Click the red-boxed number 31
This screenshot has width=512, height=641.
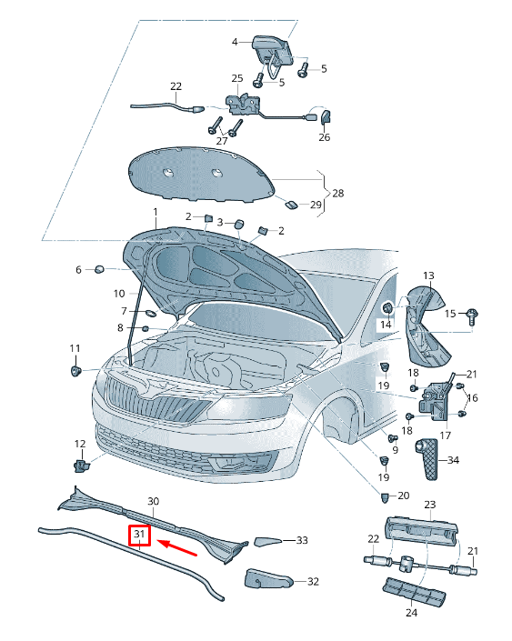click(x=139, y=536)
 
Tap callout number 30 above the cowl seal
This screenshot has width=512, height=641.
click(x=153, y=502)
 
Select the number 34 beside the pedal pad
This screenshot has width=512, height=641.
click(x=453, y=460)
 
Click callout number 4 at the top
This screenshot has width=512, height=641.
click(x=234, y=42)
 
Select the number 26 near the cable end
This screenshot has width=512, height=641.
click(x=324, y=137)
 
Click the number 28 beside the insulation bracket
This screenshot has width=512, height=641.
click(x=338, y=193)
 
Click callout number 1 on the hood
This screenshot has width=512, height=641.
click(x=155, y=211)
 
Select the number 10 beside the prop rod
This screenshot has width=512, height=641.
click(x=119, y=294)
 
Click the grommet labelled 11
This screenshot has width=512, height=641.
click(x=75, y=371)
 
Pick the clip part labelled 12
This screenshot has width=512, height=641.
click(x=82, y=466)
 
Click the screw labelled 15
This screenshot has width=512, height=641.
click(x=472, y=315)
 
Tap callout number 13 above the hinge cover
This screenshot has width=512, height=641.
click(x=428, y=275)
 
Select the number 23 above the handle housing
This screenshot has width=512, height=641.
click(x=430, y=505)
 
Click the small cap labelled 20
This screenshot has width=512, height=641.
click(x=385, y=496)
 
